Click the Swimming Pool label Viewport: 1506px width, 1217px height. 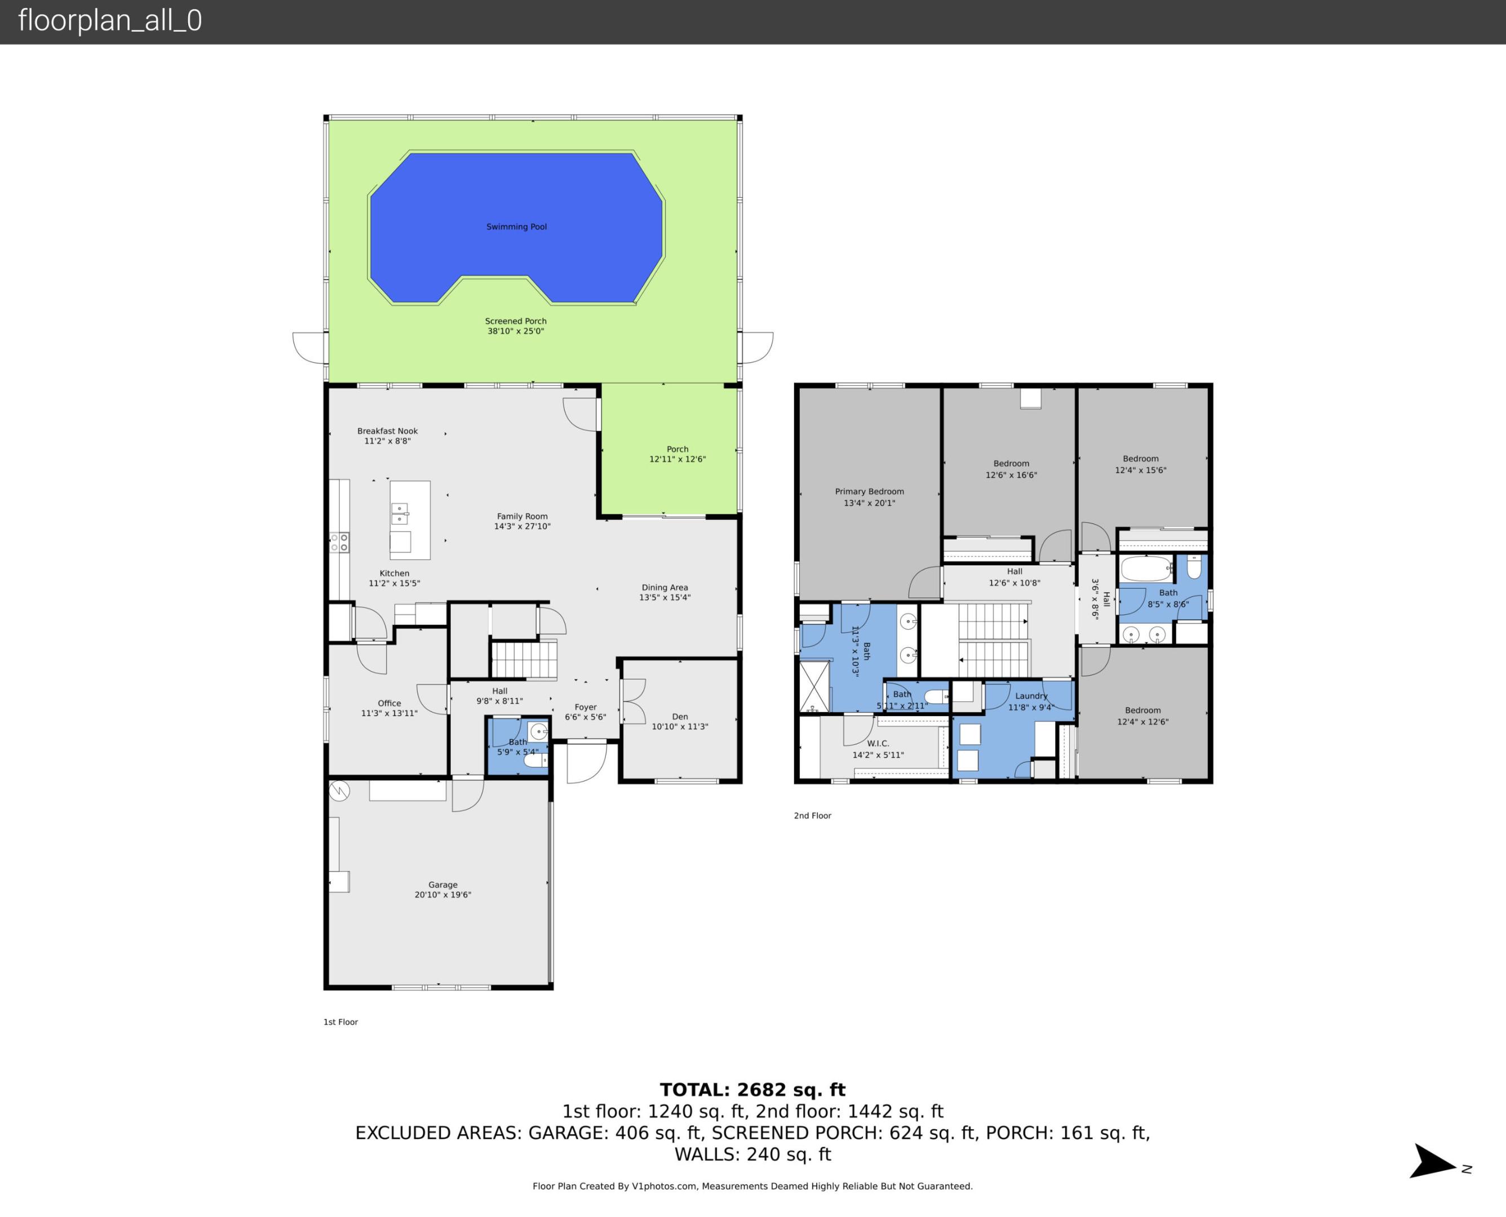click(x=516, y=226)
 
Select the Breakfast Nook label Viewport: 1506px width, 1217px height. click(x=387, y=431)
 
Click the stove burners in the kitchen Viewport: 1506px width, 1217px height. click(x=339, y=542)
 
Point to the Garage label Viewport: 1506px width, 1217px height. click(x=442, y=885)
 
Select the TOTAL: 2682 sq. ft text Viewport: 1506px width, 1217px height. click(x=752, y=1090)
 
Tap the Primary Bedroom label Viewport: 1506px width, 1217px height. click(x=869, y=491)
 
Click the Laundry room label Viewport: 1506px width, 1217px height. click(x=1031, y=696)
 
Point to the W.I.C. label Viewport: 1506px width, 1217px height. click(x=878, y=743)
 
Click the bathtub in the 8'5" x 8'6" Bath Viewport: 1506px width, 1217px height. click(x=1146, y=568)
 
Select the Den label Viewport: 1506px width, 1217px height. click(x=679, y=717)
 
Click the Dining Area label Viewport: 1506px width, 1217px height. click(x=664, y=588)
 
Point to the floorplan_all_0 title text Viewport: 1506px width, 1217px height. click(x=110, y=20)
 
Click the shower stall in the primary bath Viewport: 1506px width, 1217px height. click(x=814, y=686)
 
